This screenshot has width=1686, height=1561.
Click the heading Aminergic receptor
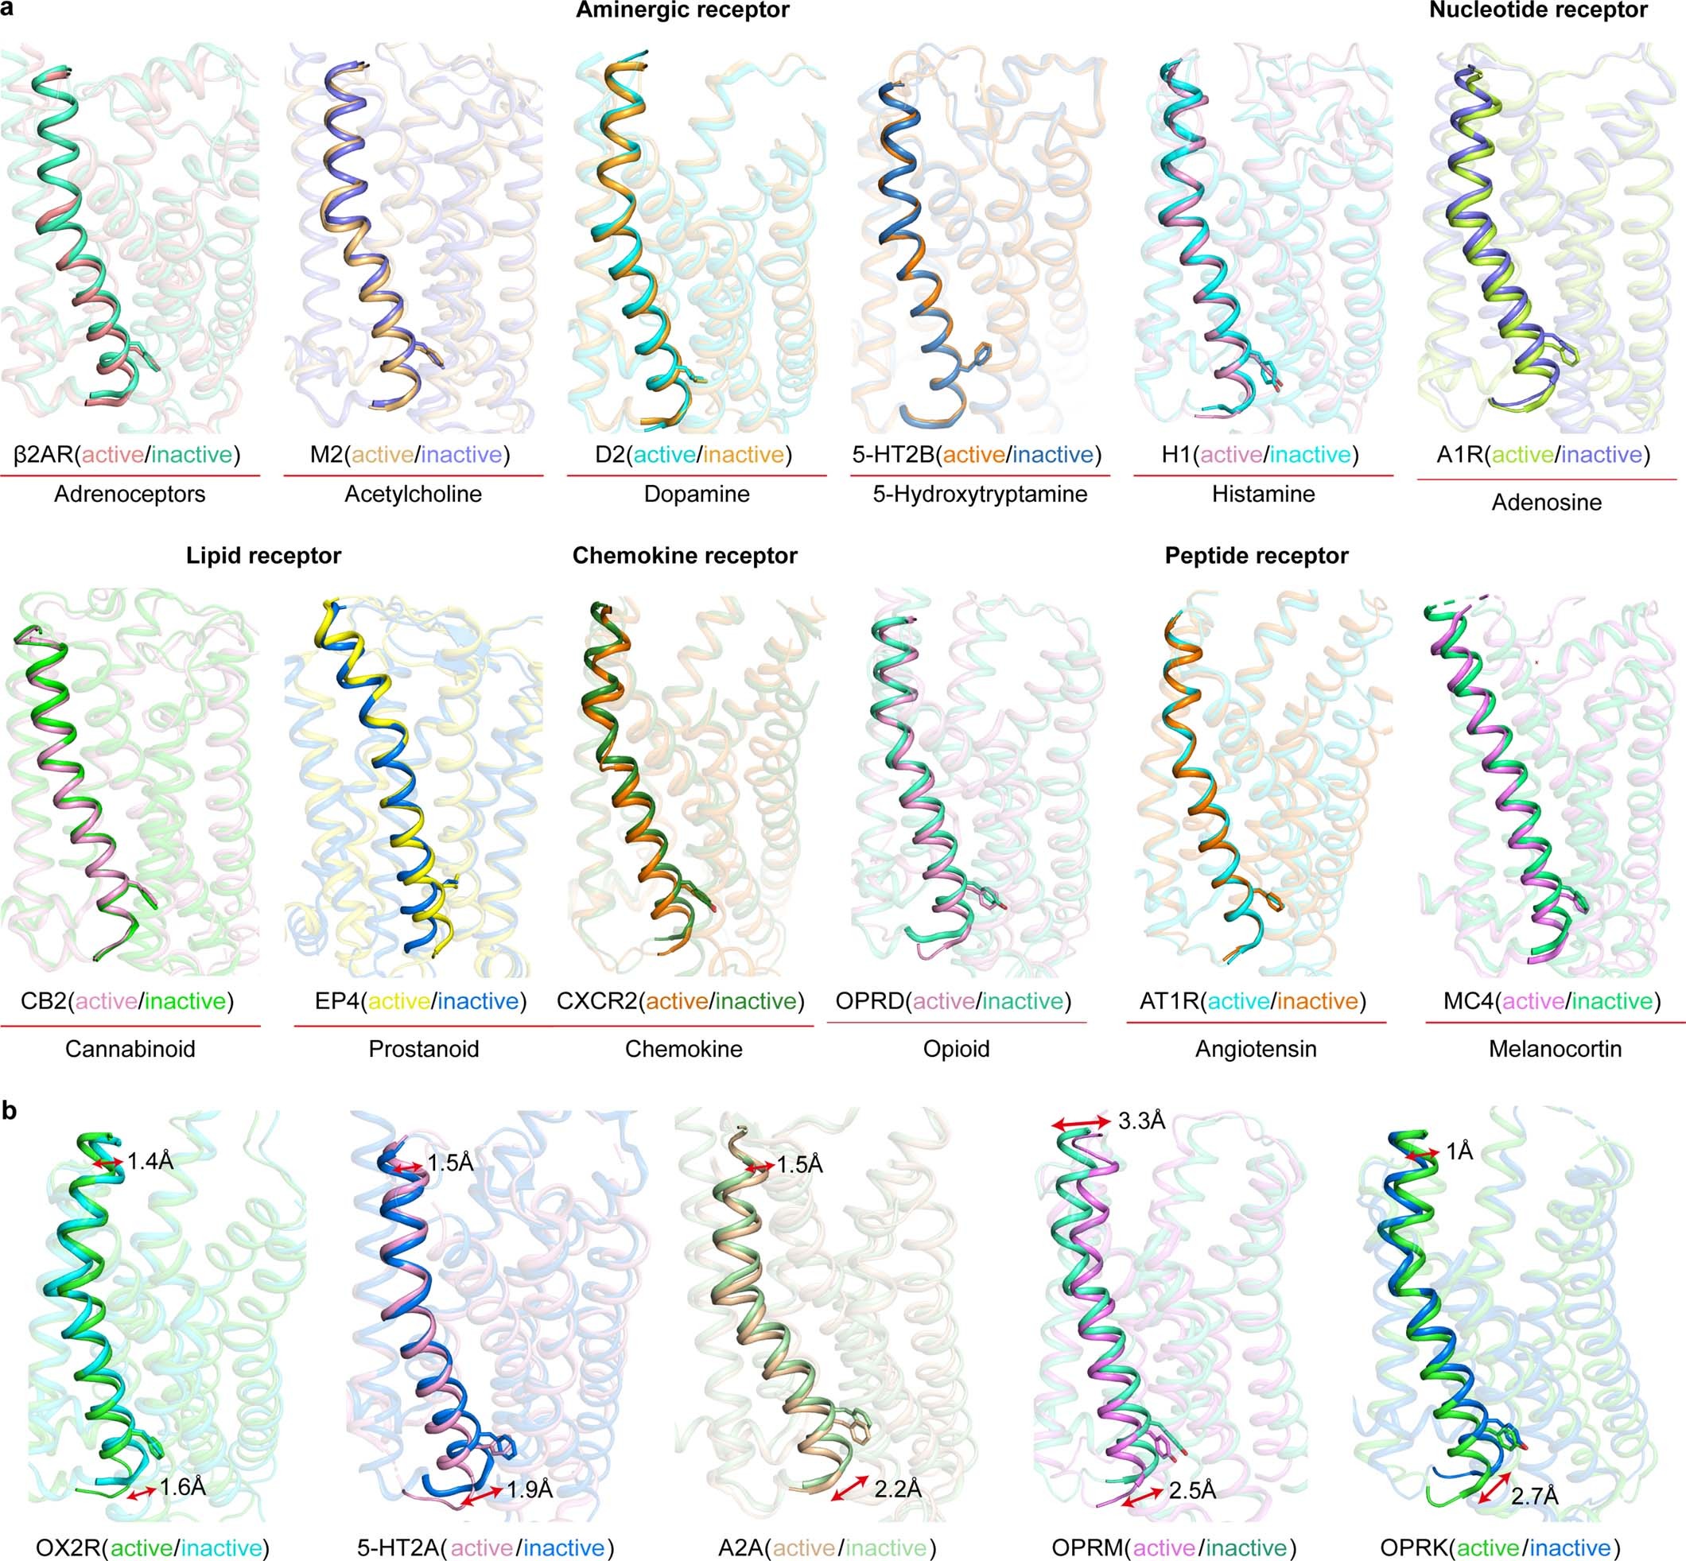click(682, 10)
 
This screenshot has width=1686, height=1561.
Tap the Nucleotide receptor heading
click(1537, 10)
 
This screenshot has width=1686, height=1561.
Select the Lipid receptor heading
click(263, 556)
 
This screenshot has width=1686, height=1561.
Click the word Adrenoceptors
click(130, 494)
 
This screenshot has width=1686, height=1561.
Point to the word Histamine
click(1263, 494)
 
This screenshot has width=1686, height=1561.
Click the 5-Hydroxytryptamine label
click(980, 494)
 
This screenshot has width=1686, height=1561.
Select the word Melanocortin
click(1554, 1049)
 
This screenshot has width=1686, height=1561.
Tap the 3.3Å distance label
click(1141, 1121)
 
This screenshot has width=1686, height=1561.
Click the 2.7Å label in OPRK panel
click(1534, 1497)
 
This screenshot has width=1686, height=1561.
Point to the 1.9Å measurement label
click(530, 1489)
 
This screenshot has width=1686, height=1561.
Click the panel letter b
click(10, 1112)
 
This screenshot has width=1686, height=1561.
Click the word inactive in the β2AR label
click(192, 456)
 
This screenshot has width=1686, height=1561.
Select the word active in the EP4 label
click(398, 1002)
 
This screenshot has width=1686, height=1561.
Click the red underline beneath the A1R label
click(1546, 479)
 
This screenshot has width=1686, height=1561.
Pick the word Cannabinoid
click(130, 1049)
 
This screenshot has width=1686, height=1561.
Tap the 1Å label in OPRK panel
click(1459, 1151)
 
